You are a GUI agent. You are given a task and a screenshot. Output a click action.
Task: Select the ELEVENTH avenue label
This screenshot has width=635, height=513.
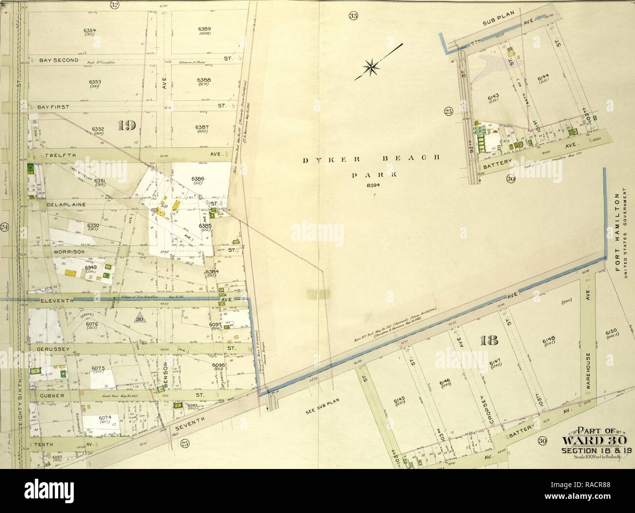56,300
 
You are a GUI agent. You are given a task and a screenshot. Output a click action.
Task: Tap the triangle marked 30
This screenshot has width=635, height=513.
140,318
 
